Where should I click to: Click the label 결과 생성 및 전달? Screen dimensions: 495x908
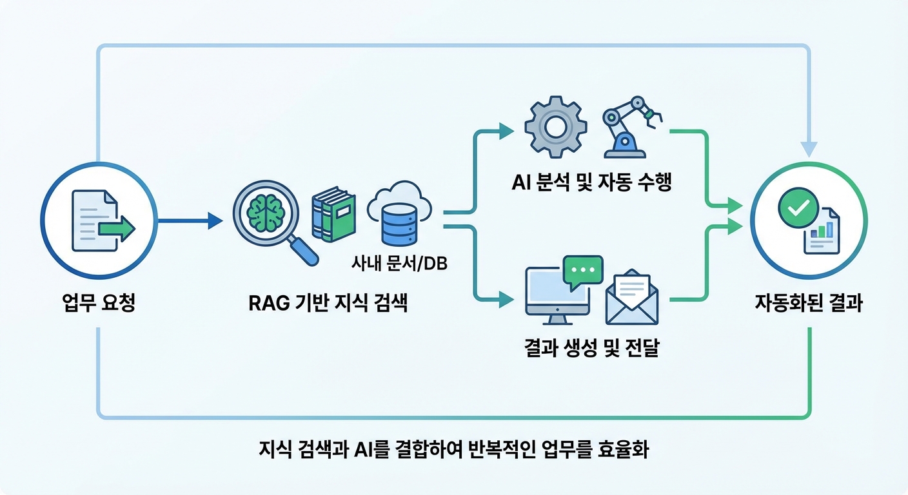(x=592, y=350)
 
